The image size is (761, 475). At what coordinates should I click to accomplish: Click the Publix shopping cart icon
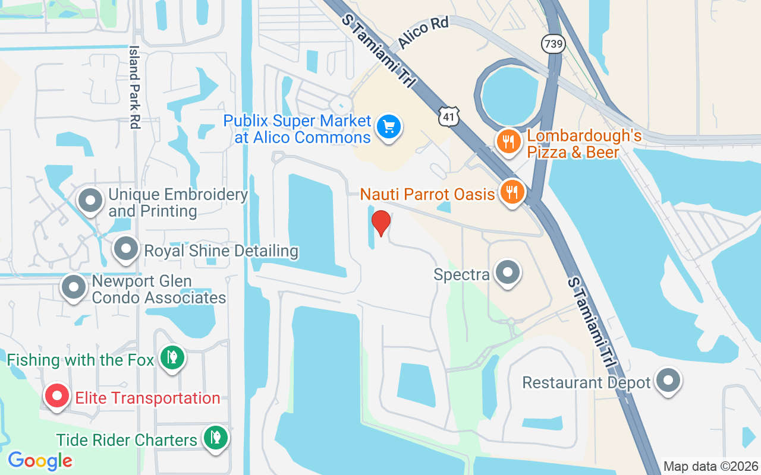[x=389, y=127]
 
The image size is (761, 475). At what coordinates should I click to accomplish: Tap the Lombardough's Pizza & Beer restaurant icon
[x=508, y=142]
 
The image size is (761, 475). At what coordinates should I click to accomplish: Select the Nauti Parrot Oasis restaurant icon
[x=511, y=192]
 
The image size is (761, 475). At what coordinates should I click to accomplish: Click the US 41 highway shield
[x=449, y=118]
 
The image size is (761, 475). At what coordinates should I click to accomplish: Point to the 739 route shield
[x=552, y=43]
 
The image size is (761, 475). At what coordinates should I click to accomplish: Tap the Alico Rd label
[x=423, y=32]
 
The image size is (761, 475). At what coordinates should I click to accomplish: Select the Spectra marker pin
[x=507, y=273]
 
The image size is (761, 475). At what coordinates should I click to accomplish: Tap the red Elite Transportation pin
[x=58, y=396]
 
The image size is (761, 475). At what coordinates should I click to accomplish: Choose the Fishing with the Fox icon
[x=172, y=357]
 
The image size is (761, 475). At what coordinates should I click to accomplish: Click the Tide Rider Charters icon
[x=215, y=438]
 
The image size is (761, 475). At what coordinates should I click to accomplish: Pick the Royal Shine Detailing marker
[x=126, y=249]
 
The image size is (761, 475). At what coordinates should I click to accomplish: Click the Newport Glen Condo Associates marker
[x=74, y=287]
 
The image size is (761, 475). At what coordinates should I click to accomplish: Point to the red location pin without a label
[x=380, y=222]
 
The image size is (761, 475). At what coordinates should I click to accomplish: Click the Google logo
[x=40, y=460]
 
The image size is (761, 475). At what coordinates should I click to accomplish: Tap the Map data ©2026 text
[x=710, y=466]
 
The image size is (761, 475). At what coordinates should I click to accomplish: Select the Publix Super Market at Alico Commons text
[x=297, y=129]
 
